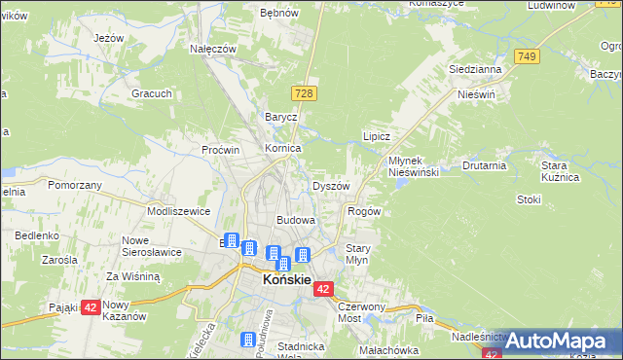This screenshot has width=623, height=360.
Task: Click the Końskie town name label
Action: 286,280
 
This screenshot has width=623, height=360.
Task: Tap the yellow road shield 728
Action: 303,90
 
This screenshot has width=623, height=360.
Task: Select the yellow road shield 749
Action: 528,57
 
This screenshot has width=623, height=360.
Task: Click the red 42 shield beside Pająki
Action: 90,307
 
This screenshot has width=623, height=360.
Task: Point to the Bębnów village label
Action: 278,14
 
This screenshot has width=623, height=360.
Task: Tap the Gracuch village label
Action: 153,93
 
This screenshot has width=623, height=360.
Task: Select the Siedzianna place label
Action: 474,70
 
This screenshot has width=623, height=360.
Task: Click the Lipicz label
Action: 376,137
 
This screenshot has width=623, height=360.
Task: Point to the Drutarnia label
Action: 484,165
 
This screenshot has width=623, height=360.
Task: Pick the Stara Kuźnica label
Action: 561,172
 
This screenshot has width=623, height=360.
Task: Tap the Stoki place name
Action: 529,199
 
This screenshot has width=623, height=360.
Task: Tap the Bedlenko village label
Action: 37,235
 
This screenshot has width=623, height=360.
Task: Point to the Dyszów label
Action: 330,186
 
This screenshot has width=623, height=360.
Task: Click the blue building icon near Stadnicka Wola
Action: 249,340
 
